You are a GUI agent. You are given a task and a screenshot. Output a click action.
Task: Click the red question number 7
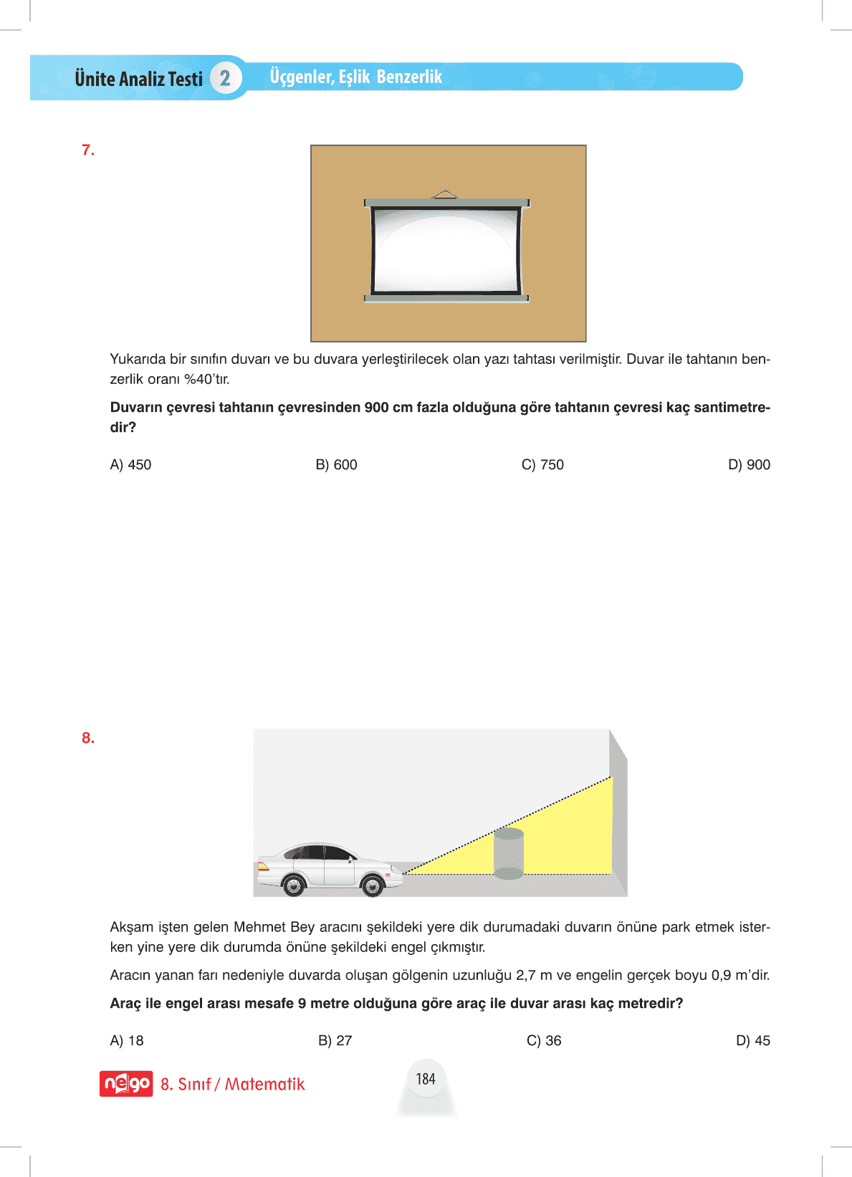pos(88,150)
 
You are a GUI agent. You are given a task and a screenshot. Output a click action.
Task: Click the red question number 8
pos(88,738)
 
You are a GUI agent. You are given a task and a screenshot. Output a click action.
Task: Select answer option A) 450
pos(130,465)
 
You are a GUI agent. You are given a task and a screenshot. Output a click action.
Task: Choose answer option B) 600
pos(336,465)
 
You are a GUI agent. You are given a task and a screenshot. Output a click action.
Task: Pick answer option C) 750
pos(542,465)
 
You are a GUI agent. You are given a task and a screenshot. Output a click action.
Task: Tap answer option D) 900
pos(749,465)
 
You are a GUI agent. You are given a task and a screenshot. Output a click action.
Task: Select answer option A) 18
pos(127,1041)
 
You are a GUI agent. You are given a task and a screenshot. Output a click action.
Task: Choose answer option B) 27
pos(335,1041)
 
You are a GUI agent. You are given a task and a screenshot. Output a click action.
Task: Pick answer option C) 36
pos(544,1041)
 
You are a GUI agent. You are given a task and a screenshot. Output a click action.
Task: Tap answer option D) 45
pos(752,1041)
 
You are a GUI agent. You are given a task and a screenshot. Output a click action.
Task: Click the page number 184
pos(426,1079)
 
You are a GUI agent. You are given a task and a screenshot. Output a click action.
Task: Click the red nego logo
pos(126,1084)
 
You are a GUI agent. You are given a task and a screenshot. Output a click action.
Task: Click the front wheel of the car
pos(373,885)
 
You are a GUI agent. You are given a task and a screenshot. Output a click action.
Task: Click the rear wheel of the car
pos(294,885)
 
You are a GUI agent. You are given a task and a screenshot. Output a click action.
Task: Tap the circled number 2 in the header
pos(225,78)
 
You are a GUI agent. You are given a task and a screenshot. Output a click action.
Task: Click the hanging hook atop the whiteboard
pos(445,193)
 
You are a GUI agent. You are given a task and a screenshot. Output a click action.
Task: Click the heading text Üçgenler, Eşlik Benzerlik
pos(355,77)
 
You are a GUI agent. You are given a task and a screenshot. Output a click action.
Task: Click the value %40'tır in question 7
pos(207,379)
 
